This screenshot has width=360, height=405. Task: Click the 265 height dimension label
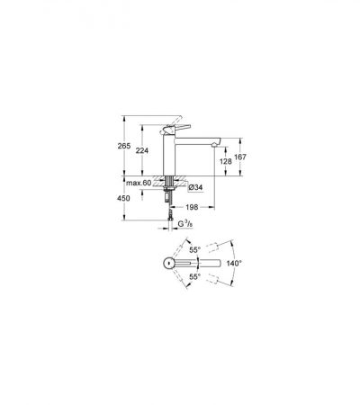[124, 146]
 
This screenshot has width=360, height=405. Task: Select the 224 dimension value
[142, 150]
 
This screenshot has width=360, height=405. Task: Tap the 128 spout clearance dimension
[226, 161]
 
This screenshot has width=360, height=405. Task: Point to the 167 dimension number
[240, 157]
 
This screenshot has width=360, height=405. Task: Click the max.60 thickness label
[139, 183]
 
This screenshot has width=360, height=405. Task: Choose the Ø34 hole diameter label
[195, 188]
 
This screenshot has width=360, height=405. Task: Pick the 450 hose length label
[124, 198]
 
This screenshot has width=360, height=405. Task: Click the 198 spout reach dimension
[192, 207]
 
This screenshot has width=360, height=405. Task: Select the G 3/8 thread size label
[185, 224]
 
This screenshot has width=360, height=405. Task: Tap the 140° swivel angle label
[234, 264]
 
